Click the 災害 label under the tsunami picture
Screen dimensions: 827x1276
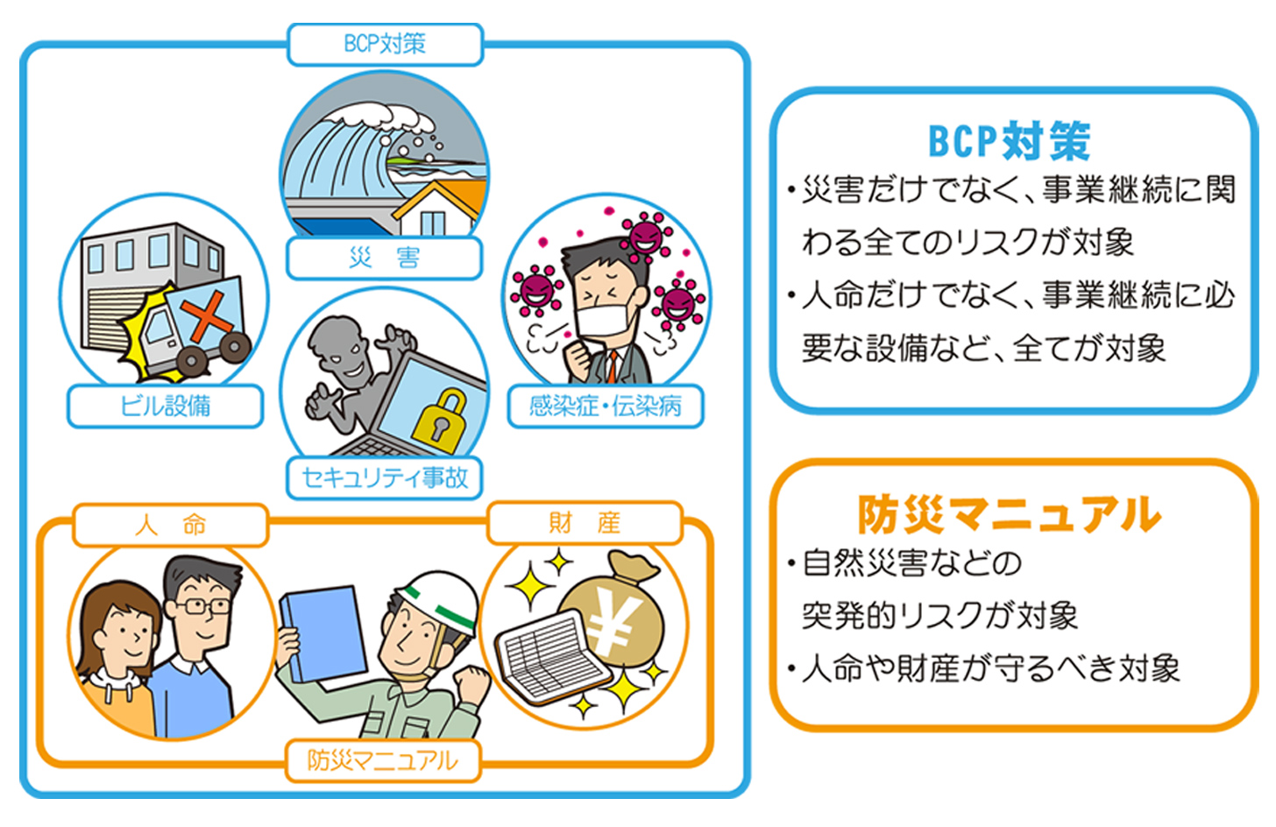[385, 258]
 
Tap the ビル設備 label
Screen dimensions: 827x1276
[165, 406]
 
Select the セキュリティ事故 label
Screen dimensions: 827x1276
[385, 478]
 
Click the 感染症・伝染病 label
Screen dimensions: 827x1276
[605, 406]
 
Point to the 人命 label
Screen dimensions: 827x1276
[170, 525]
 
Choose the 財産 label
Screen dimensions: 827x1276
[585, 523]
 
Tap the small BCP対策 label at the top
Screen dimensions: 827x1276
[385, 44]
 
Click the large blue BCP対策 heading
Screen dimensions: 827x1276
[1009, 141]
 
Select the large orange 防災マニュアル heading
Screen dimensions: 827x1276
[1009, 514]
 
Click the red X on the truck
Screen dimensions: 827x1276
[206, 315]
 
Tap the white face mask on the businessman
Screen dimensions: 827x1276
[605, 320]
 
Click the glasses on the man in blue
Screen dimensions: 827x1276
[202, 605]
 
